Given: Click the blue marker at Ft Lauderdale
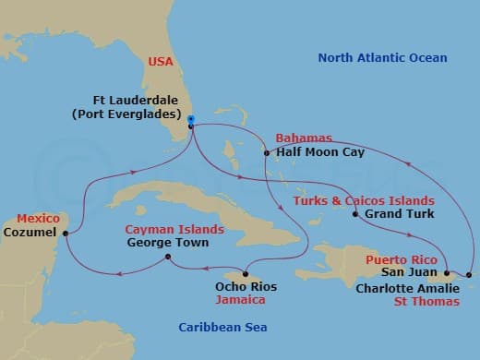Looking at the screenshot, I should point(190,119).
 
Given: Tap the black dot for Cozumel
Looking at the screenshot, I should point(65,234).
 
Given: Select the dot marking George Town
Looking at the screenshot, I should point(166,258).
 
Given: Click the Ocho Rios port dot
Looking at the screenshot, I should point(246,273).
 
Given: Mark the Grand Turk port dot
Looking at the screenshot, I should point(355,214).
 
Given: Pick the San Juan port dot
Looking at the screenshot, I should point(445,273).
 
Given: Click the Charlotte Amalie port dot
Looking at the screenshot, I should point(469,275).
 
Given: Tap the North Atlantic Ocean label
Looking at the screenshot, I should point(382,58).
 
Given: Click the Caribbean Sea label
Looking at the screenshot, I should point(223,328).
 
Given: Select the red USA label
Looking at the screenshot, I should point(162,63).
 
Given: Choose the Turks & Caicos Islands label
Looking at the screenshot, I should point(363,200).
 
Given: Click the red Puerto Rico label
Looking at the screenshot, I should point(399,259).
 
